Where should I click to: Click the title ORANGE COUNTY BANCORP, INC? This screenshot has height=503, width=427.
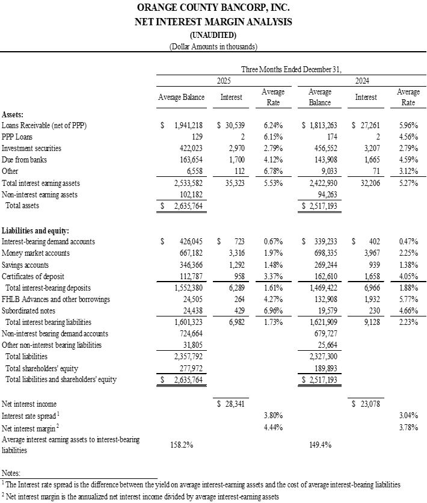(x=213, y=8)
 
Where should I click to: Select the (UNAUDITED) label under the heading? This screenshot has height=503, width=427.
(x=213, y=35)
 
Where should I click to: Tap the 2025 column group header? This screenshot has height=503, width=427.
(x=224, y=80)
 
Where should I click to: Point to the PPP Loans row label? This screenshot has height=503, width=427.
(x=18, y=137)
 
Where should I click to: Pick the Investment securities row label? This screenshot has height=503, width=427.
(x=31, y=148)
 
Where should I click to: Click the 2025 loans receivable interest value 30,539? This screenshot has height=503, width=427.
(x=232, y=125)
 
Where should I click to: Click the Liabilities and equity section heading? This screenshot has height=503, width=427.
(x=35, y=230)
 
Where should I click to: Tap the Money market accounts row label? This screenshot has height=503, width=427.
(x=35, y=253)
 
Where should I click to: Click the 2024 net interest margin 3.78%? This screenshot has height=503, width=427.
(x=408, y=428)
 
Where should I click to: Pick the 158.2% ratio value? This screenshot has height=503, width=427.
(x=182, y=445)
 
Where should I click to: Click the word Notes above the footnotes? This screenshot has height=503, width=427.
(x=11, y=474)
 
